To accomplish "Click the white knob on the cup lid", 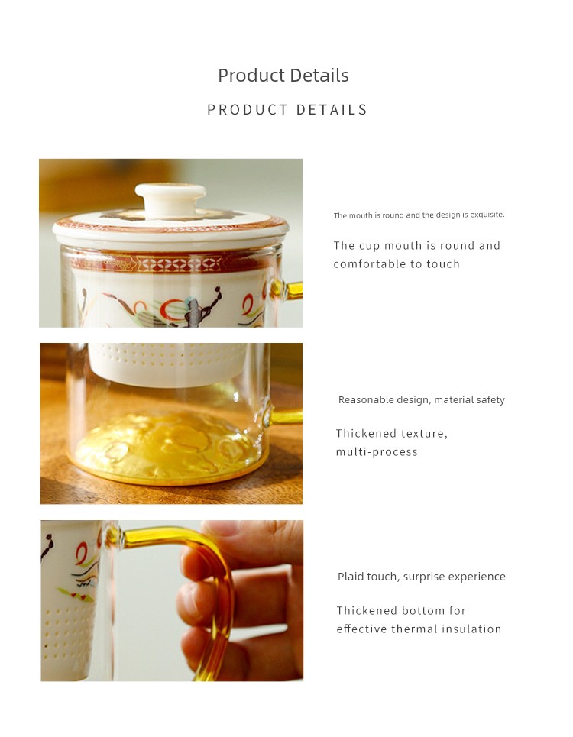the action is point(170,200).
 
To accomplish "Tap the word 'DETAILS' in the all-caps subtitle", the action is point(332,109).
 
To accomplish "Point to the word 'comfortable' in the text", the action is point(370,263).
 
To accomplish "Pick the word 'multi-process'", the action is point(377,451).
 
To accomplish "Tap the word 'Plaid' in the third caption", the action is point(350,577).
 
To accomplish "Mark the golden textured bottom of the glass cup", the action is point(168,447).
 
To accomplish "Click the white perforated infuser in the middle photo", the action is point(168,364).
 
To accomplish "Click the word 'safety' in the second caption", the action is point(490,400).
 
